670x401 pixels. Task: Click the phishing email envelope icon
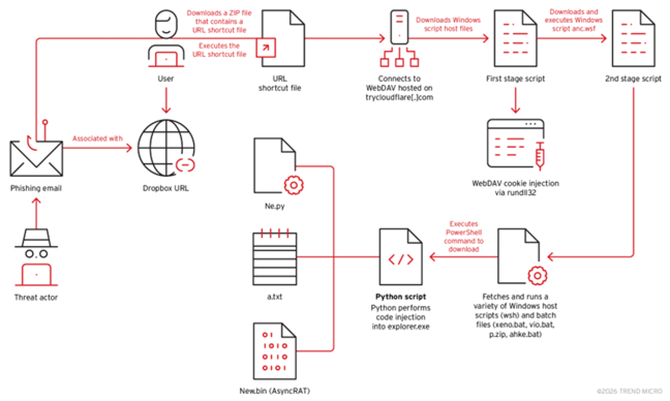(36, 159)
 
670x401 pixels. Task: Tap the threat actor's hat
(36, 238)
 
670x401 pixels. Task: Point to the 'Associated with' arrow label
(97, 139)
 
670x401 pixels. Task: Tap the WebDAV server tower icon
(399, 27)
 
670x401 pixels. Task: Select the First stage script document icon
(515, 39)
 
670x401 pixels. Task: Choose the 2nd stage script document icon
(633, 39)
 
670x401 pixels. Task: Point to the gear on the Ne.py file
(293, 185)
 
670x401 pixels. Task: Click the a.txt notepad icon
(275, 258)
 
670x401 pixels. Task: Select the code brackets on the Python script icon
(401, 259)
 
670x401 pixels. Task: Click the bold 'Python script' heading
(401, 297)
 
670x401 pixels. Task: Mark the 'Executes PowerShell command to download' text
(464, 236)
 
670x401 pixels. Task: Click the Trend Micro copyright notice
(629, 391)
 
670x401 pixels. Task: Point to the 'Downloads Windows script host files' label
(448, 25)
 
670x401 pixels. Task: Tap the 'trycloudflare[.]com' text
(399, 97)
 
